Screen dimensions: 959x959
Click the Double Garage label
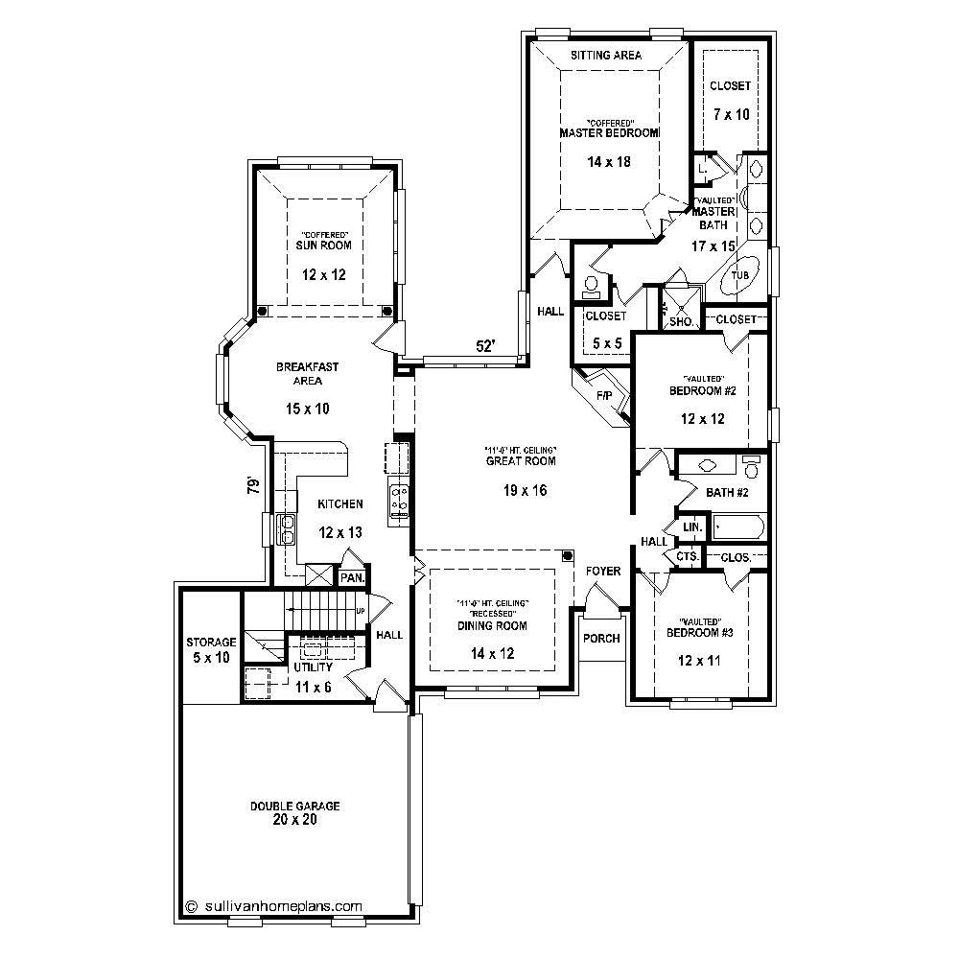(x=294, y=807)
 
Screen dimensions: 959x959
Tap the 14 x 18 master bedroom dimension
(x=609, y=162)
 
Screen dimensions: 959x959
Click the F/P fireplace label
(x=604, y=394)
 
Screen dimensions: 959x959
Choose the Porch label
(x=601, y=639)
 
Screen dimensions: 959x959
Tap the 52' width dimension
(x=486, y=346)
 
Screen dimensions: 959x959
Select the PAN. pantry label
(x=352, y=577)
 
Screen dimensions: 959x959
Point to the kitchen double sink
(x=286, y=527)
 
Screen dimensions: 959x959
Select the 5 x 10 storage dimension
(x=211, y=657)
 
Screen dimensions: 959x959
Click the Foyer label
(x=603, y=572)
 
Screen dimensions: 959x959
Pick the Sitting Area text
(x=606, y=56)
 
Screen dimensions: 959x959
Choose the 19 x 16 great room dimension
(x=507, y=491)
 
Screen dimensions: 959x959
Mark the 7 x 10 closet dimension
(x=731, y=114)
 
